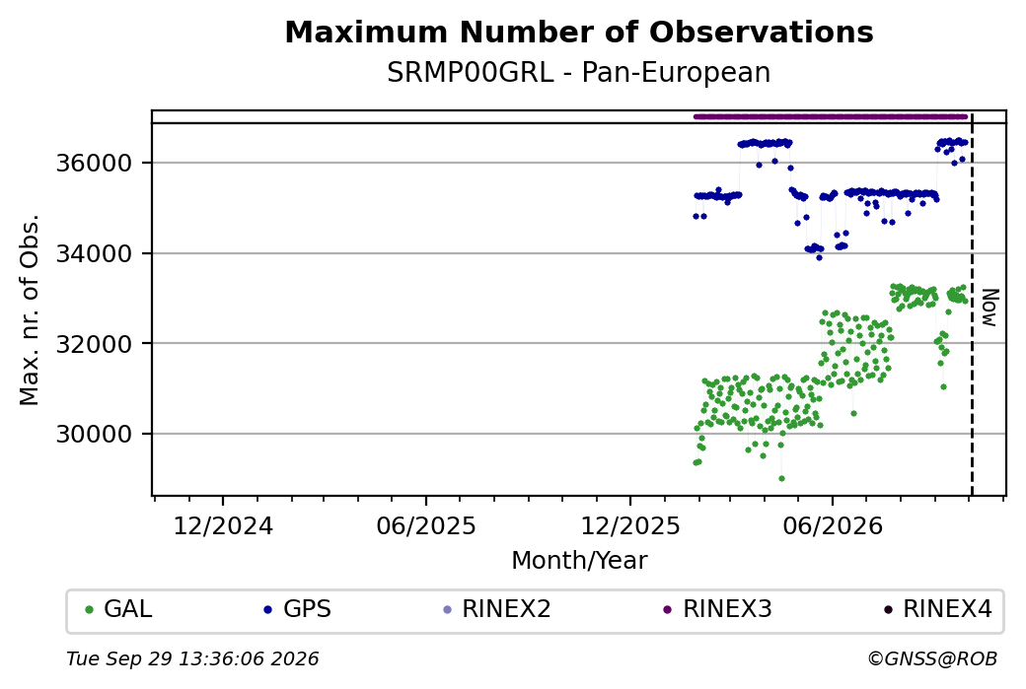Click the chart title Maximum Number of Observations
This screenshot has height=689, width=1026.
coord(579,32)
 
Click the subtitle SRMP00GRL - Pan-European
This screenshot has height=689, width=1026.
coord(579,73)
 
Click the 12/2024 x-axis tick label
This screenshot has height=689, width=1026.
coord(223,526)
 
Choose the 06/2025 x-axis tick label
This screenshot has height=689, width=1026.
coord(426,526)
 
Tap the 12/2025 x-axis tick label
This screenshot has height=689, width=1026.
coord(630,526)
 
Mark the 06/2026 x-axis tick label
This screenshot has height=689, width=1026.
coord(833,526)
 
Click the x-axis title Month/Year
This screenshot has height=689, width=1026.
coord(579,560)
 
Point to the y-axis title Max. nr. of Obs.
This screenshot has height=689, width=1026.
coord(30,310)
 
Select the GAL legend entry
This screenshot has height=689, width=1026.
coord(118,609)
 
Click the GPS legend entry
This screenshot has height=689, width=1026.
coord(298,609)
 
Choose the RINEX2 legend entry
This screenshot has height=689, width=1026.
coord(496,609)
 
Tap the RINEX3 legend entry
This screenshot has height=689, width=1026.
coord(718,609)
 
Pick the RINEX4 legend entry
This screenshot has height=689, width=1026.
coord(937,609)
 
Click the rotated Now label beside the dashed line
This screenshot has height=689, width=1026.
coord(990,308)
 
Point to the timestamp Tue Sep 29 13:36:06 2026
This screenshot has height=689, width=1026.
coord(192,658)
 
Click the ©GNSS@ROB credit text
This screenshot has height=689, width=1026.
coord(932,658)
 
